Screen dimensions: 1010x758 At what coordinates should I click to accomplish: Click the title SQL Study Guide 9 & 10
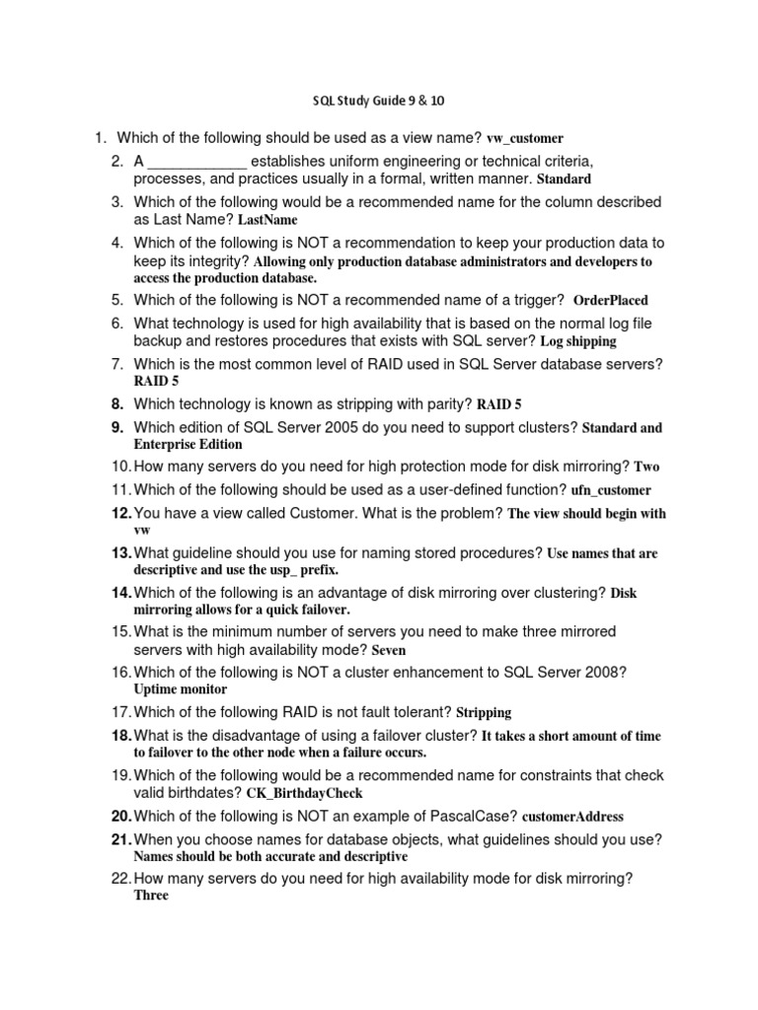(378, 101)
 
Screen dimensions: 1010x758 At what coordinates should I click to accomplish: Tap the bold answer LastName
(267, 220)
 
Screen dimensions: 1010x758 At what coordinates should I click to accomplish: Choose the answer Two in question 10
(646, 467)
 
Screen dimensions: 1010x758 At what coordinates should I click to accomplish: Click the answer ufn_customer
(611, 490)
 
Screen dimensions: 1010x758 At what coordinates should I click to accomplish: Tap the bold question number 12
(120, 513)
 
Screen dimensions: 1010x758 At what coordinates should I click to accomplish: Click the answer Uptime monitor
(180, 689)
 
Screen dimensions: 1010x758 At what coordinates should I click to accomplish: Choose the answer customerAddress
(572, 817)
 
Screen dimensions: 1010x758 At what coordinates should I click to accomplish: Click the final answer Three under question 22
(151, 896)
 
